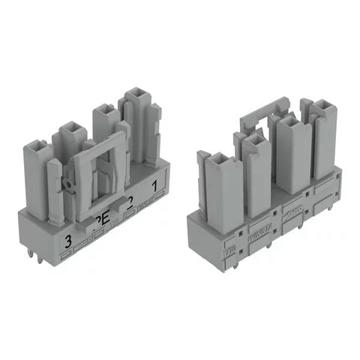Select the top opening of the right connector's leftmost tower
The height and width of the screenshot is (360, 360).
[220, 159]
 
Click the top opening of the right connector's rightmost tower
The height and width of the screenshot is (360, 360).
[325, 106]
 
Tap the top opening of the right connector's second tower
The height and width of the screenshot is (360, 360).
[256, 139]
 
